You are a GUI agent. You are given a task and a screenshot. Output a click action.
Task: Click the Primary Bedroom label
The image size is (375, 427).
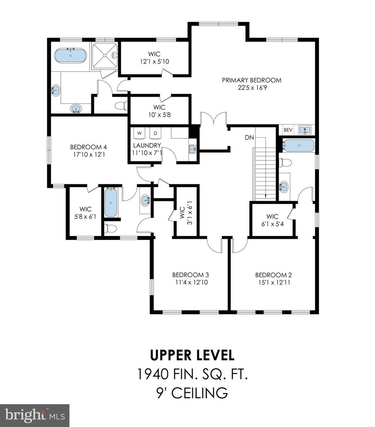point(251,80)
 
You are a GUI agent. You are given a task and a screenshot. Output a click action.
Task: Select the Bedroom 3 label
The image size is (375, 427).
point(190,275)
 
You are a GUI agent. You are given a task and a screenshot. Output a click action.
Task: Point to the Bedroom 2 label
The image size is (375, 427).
point(273,275)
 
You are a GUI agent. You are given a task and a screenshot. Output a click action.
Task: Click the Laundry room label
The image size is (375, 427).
point(147,145)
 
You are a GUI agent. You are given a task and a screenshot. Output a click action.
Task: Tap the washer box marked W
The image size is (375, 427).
point(139,133)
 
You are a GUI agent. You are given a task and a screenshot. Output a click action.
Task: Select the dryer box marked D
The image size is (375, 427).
point(155,133)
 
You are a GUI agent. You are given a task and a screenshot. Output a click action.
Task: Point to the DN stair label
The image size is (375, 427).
point(249,138)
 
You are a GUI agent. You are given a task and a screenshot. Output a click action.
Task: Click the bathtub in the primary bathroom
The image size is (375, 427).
point(70,56)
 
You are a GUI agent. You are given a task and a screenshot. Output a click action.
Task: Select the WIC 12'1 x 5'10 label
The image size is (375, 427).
point(155,58)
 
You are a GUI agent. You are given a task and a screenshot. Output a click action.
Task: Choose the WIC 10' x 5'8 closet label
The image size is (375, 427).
point(160,111)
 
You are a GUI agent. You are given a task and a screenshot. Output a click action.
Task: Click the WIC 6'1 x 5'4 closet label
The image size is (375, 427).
point(272,220)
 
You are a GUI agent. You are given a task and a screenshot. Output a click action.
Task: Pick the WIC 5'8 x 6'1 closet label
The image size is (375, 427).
point(85,213)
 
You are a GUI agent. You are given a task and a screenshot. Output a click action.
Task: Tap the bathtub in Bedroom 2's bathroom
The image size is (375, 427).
point(299,146)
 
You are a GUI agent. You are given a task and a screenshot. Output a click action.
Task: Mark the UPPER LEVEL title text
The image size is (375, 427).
point(192,355)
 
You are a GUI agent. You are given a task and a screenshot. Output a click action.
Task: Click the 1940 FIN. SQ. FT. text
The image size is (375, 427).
point(192,374)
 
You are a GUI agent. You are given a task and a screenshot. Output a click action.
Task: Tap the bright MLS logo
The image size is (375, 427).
point(35,415)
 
